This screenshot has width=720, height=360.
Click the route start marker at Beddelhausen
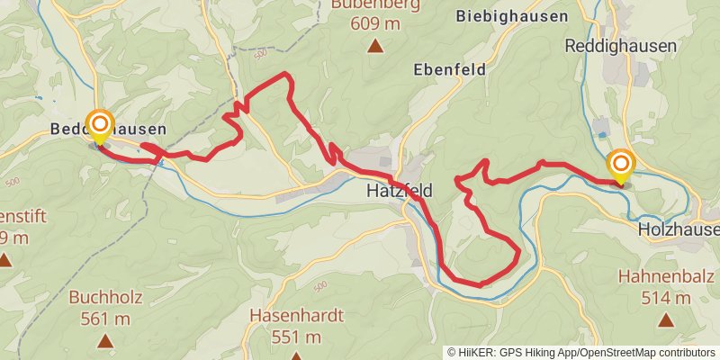point(100,126)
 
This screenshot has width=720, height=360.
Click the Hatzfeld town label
point(400,191)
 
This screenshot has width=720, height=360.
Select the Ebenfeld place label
point(449,69)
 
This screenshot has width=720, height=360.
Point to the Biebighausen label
point(512,16)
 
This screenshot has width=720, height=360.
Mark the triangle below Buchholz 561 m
point(105,340)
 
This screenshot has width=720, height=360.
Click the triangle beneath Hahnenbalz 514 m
point(665,319)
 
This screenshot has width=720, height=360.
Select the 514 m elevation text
point(666,296)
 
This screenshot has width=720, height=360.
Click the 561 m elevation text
point(105,318)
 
